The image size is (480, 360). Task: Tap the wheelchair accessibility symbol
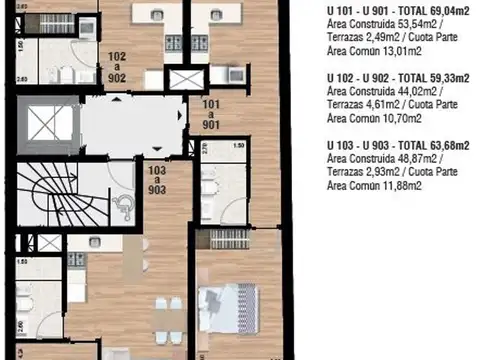point(125,205)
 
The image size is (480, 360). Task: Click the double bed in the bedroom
point(232,300)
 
